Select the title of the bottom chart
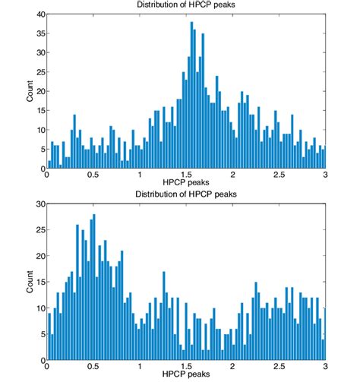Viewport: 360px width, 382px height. coord(186,195)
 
